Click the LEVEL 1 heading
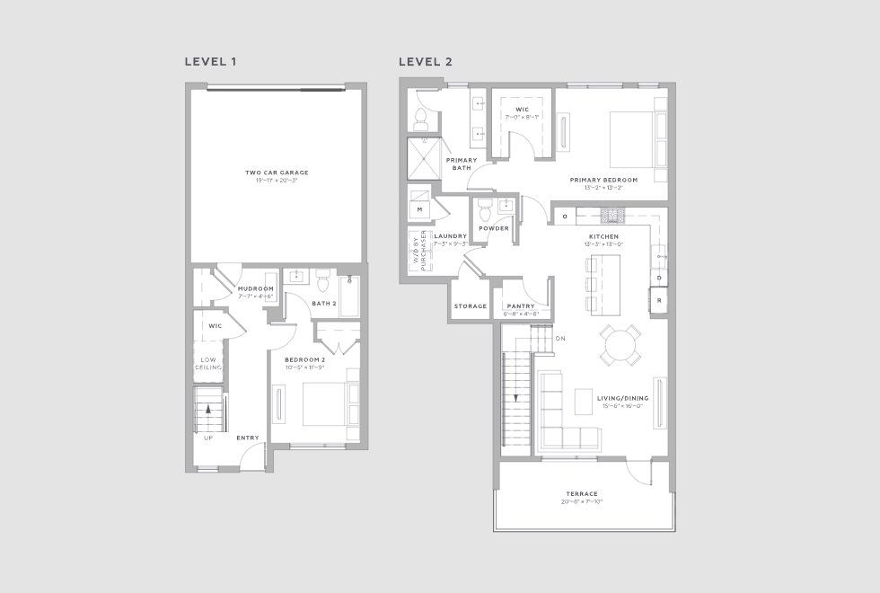point(210,62)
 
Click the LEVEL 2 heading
point(427,62)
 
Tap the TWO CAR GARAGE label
point(270,173)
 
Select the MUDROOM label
point(255,289)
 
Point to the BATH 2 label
point(325,304)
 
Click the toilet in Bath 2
point(324,282)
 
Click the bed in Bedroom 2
point(330,403)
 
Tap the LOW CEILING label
point(208,364)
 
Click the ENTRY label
point(247,438)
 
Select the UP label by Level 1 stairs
point(208,438)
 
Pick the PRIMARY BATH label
point(462,164)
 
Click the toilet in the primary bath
point(421,118)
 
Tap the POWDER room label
point(494,228)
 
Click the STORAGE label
point(470,306)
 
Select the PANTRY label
point(521,306)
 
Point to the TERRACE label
point(582,493)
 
